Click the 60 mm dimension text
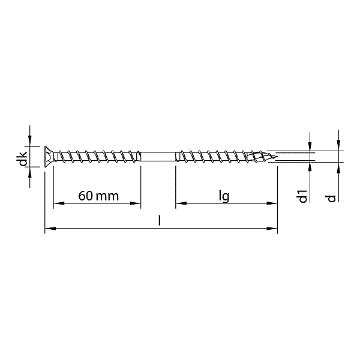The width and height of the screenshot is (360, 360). click(98, 196)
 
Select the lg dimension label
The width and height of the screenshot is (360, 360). click(224, 196)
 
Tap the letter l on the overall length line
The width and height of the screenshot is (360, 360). click(159, 220)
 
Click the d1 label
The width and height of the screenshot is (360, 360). click(303, 196)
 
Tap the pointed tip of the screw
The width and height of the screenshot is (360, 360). click(275, 157)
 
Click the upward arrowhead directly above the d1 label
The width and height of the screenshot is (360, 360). click(310, 166)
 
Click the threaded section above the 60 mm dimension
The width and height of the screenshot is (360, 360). click(96, 157)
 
